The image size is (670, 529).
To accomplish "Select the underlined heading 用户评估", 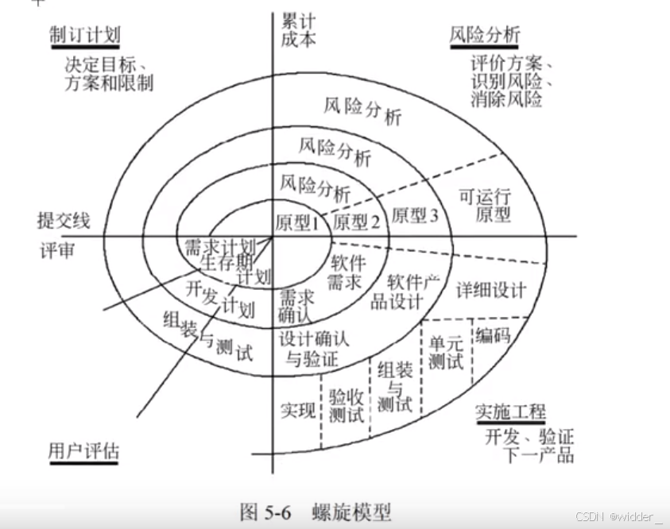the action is pos(83,450).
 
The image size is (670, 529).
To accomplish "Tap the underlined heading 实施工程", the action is pos(510,412).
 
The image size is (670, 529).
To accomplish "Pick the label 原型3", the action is pos(414,215).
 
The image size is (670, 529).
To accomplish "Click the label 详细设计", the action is pos(490,289).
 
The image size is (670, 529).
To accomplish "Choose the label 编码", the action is pos(493,335).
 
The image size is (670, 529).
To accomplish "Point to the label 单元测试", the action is pos(446,352).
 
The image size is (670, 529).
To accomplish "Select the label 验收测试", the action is pos(346,405).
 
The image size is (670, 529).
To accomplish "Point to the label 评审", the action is pos(57,250).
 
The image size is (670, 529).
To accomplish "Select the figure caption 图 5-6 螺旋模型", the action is pos(316,510).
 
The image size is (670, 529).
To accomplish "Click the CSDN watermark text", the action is pos(618,517).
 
